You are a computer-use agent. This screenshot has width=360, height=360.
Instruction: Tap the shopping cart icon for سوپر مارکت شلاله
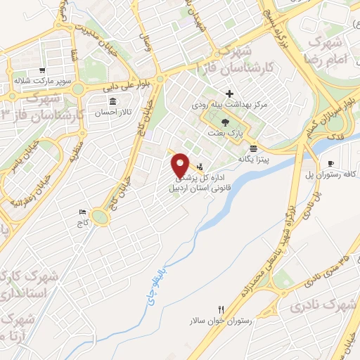[42, 70]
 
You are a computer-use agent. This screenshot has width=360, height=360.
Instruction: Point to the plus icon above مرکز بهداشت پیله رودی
[230, 94]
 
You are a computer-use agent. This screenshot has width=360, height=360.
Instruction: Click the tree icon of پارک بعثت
[224, 122]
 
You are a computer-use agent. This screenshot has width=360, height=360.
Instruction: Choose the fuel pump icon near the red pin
[201, 167]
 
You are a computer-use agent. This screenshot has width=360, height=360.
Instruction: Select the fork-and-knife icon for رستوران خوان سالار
[221, 309]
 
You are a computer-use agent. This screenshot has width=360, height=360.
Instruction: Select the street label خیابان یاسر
[23, 155]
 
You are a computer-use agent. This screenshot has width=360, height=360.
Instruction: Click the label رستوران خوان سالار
[220, 321]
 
